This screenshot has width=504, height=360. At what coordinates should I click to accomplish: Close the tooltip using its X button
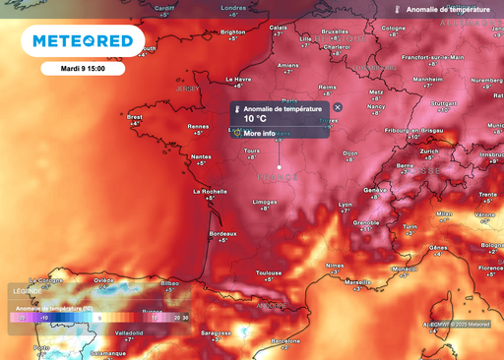(x=338, y=107)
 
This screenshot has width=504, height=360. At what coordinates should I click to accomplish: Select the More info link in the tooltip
(x=259, y=133)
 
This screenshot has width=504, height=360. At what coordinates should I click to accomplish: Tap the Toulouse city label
(x=269, y=272)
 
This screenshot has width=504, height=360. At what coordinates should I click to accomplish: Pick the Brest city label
(x=135, y=117)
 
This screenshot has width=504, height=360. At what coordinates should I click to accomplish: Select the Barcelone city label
(x=286, y=340)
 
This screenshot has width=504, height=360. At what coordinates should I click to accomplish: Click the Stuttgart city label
(x=445, y=102)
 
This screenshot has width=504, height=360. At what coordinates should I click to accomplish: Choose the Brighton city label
(x=233, y=31)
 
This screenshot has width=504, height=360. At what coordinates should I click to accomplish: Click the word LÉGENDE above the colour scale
(x=27, y=291)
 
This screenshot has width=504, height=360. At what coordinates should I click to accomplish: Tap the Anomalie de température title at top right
(x=449, y=8)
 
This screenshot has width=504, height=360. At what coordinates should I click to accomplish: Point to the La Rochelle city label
(x=210, y=192)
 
